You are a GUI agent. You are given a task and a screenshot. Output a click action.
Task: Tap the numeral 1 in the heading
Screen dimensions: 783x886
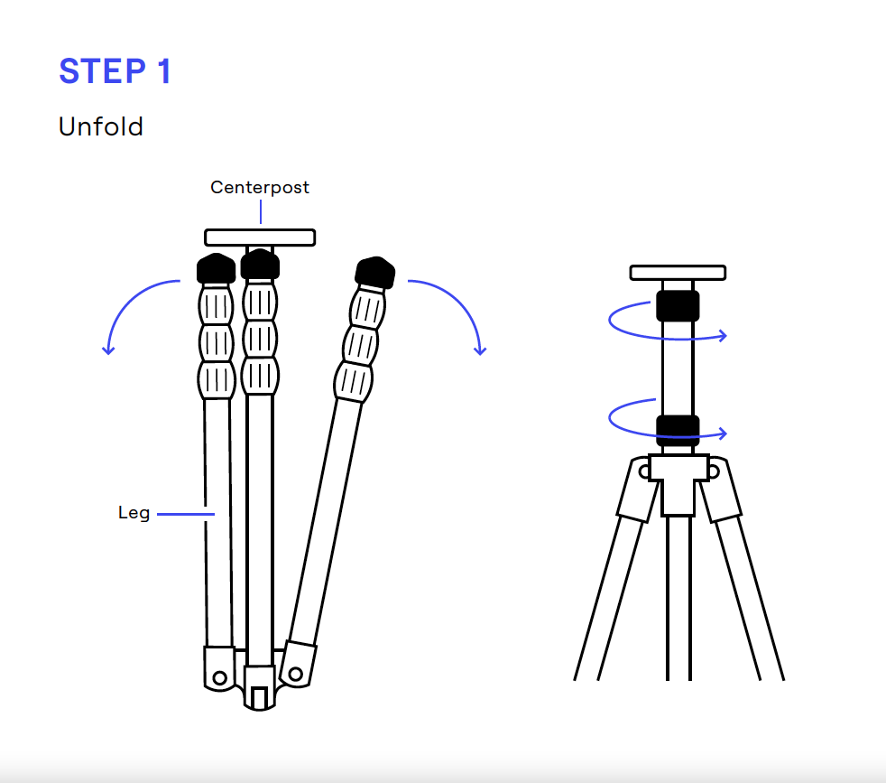click(x=162, y=71)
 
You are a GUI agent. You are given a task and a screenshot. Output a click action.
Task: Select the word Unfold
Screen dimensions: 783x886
click(x=101, y=126)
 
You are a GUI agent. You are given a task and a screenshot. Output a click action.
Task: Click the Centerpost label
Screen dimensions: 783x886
click(x=260, y=187)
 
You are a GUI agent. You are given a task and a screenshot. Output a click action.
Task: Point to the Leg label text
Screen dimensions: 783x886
click(x=134, y=514)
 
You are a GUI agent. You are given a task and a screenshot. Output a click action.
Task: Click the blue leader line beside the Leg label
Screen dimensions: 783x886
click(x=186, y=515)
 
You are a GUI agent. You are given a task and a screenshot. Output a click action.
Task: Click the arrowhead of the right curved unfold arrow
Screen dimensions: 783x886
click(x=480, y=350)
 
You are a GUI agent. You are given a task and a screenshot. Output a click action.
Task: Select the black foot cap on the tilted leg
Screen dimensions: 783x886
click(x=375, y=271)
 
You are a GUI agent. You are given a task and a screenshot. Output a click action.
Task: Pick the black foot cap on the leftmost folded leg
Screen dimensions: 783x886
click(x=215, y=268)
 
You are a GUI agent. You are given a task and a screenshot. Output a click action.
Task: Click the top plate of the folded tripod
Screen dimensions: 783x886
click(x=260, y=238)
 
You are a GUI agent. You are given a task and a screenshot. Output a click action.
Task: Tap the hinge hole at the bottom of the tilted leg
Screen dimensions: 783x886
click(x=294, y=673)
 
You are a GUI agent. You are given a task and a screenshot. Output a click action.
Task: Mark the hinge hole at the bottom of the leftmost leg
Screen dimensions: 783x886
click(x=219, y=676)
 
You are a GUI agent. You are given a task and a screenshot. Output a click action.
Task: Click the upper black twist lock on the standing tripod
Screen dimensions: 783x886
click(x=678, y=305)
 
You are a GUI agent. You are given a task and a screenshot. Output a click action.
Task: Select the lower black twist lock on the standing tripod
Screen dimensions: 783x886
click(x=678, y=430)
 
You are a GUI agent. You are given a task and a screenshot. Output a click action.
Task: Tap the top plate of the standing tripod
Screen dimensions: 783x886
click(x=678, y=272)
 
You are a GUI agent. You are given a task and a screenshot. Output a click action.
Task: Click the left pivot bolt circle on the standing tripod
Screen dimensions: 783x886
click(x=643, y=471)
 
